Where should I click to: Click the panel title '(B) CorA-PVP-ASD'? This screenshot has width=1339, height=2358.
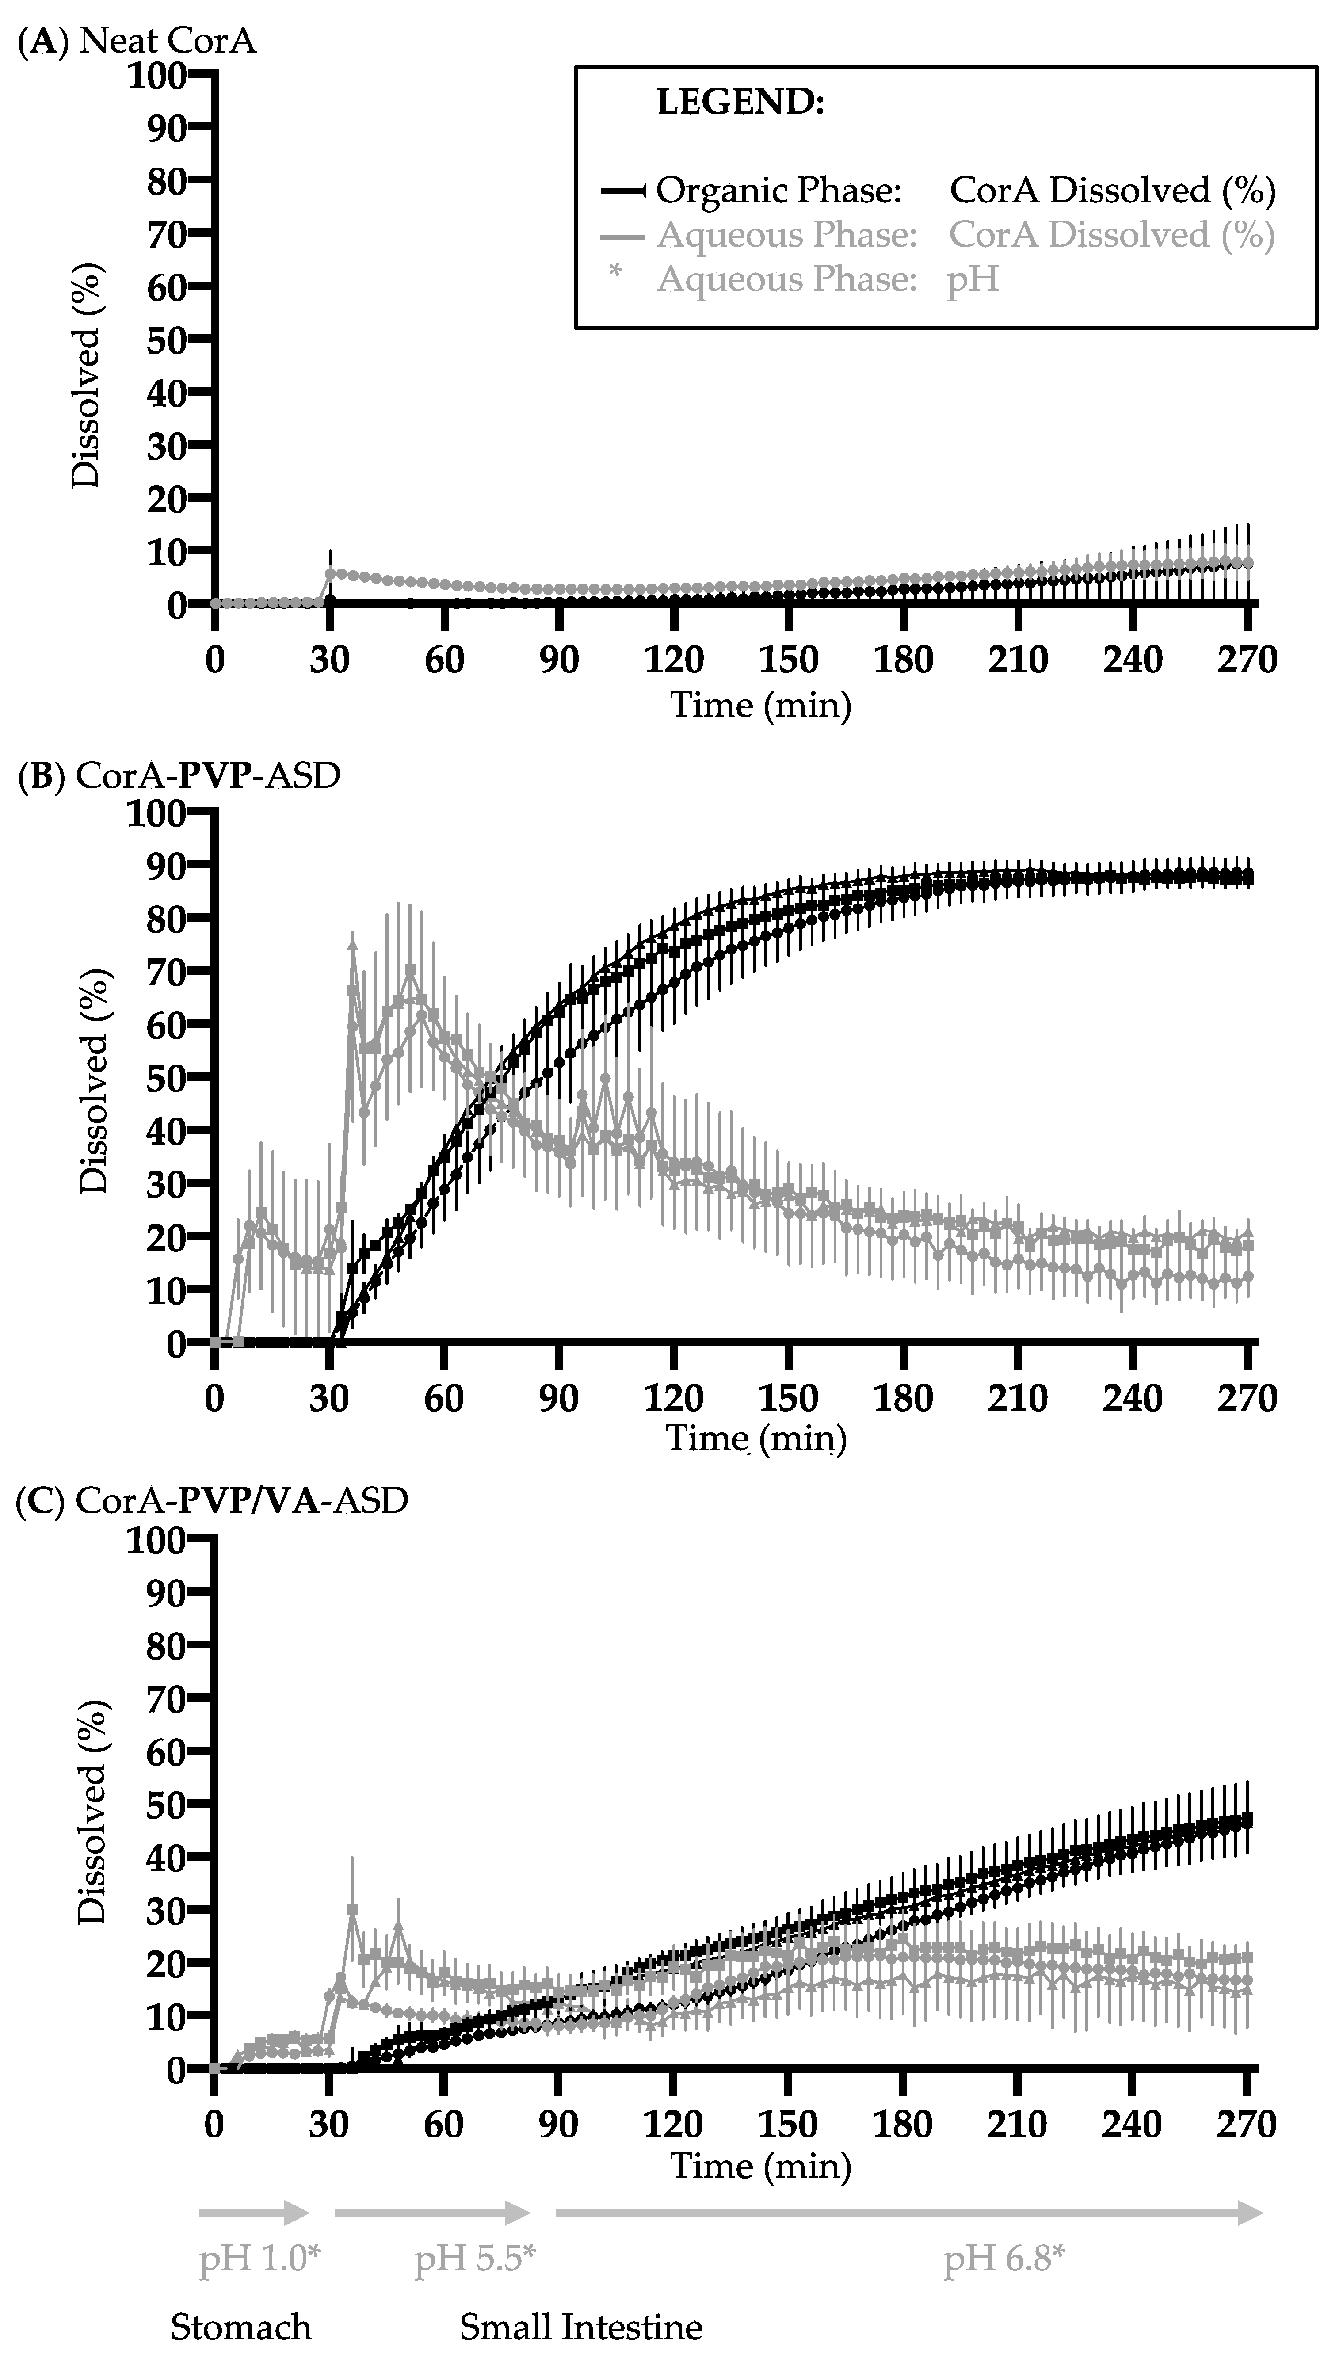tap(179, 775)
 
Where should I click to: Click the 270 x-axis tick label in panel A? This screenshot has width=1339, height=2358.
tap(1247, 660)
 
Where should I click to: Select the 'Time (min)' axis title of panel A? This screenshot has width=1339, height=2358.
tap(760, 706)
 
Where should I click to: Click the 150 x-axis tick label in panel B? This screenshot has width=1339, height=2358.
tap(788, 1399)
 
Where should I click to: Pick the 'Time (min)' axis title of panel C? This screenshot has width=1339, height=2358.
tap(760, 2166)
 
